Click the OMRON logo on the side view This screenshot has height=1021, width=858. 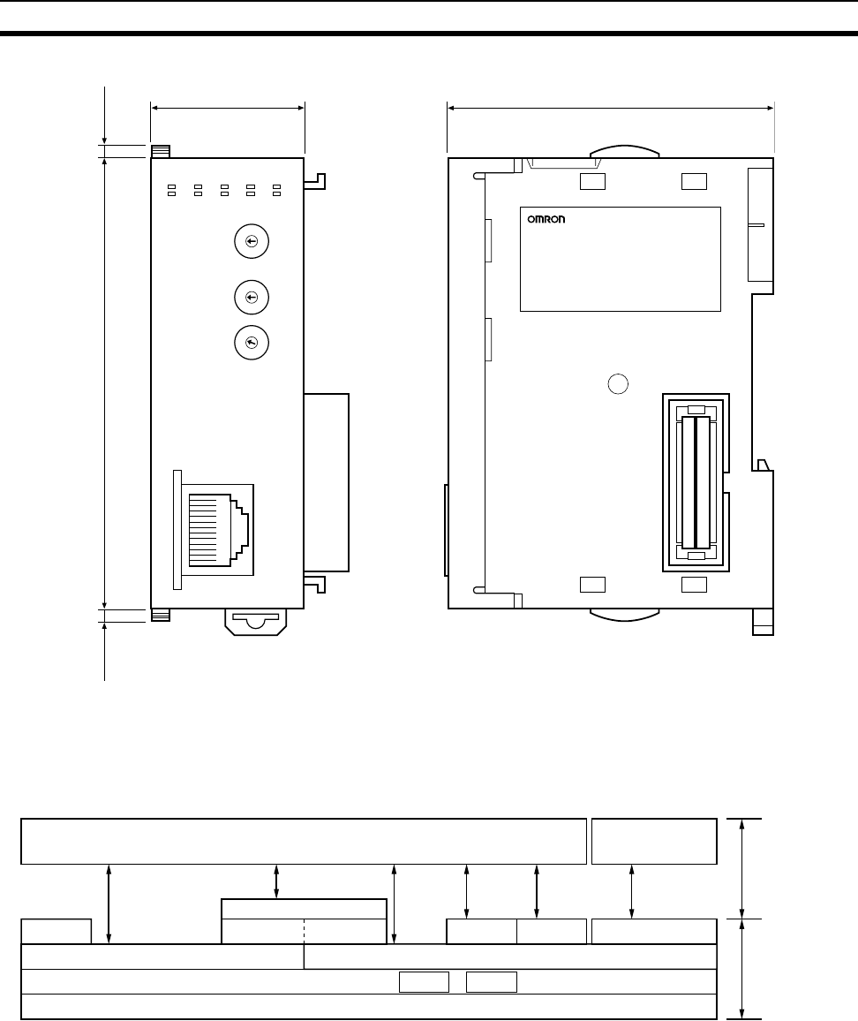[546, 219]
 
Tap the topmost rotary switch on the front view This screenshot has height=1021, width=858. [252, 242]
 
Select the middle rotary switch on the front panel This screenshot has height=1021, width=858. [252, 298]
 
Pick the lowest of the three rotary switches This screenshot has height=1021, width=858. [252, 344]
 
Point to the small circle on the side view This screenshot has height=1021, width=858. [618, 384]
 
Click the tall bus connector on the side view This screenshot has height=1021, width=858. [696, 482]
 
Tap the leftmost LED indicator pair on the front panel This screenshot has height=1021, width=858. [172, 190]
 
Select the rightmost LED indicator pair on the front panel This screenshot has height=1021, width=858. [276, 190]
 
